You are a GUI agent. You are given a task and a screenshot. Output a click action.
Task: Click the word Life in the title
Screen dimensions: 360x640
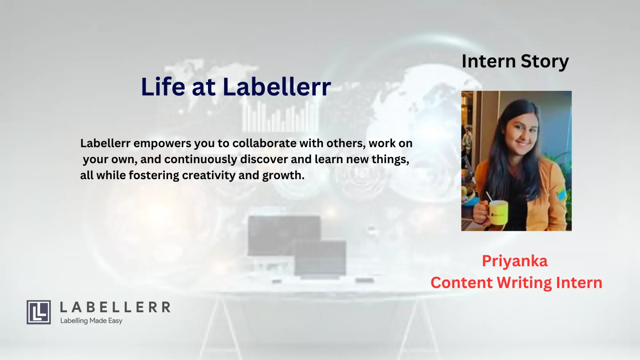click(x=163, y=87)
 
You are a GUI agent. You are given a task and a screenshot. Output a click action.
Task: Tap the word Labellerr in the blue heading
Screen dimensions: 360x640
click(x=277, y=87)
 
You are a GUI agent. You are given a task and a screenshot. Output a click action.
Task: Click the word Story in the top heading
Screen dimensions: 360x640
click(x=545, y=62)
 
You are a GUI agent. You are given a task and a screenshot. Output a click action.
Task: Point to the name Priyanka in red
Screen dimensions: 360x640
click(x=515, y=261)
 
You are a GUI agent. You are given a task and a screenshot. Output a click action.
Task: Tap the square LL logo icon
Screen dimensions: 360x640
click(x=39, y=312)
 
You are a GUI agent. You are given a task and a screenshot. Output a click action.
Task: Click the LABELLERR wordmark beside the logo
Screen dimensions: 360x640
click(x=115, y=307)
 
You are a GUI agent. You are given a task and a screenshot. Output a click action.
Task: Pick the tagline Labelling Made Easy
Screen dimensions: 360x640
click(x=91, y=321)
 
